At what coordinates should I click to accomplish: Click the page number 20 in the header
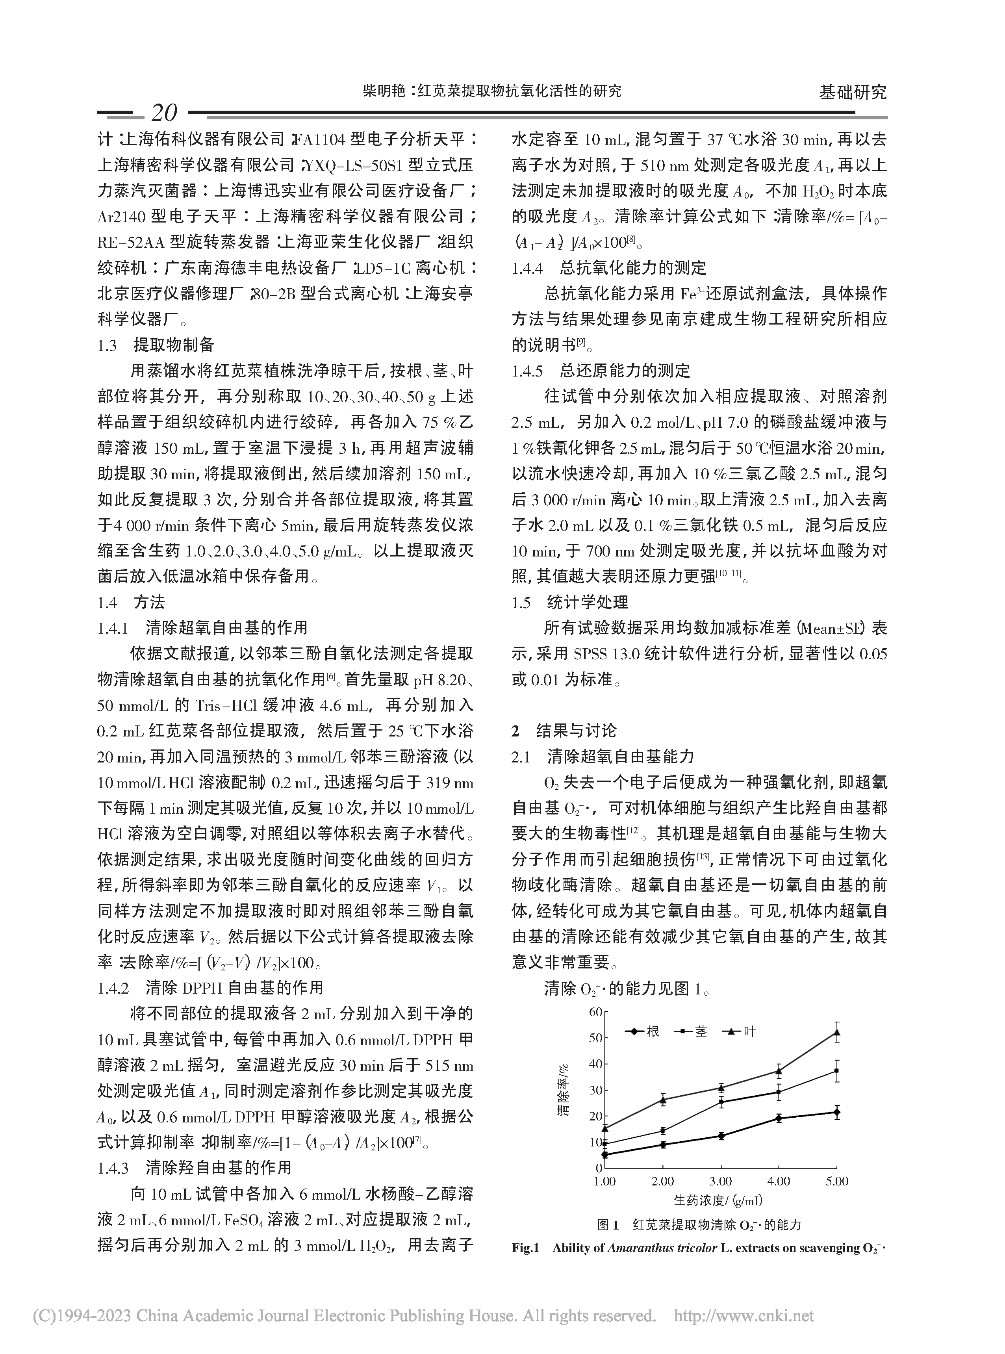163,113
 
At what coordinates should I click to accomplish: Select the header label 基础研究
852,93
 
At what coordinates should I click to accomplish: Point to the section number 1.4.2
113,987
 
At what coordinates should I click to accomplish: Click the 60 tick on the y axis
594,1011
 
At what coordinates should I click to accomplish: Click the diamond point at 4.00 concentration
779,1118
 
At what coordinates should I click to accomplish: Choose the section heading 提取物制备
174,345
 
